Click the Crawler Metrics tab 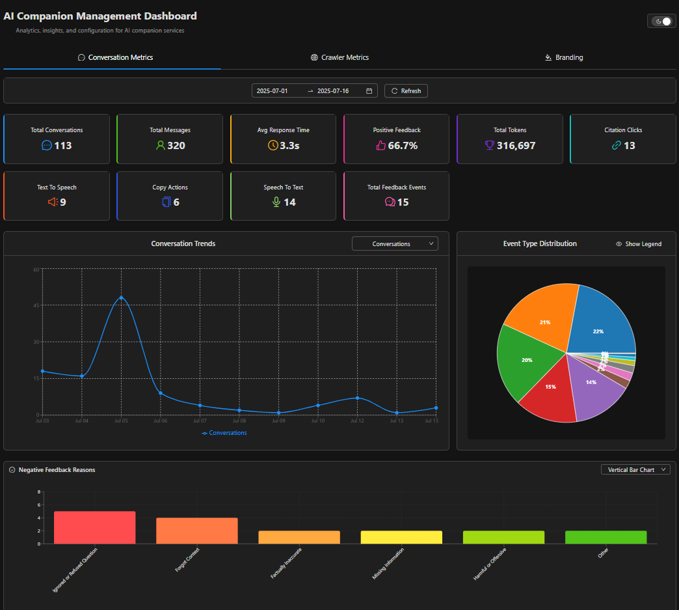[x=339, y=57]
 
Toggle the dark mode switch [x=661, y=21]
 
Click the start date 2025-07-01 [x=272, y=91]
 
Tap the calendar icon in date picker [x=369, y=91]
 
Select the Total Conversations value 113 [x=63, y=146]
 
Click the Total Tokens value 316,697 [x=516, y=146]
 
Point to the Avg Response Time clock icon [x=273, y=145]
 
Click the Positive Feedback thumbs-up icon [x=381, y=145]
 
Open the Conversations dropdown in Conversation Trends [x=395, y=244]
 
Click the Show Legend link [x=639, y=244]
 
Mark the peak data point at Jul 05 [x=121, y=298]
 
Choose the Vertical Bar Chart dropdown [x=635, y=469]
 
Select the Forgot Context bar [x=196, y=531]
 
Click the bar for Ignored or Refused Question [x=94, y=527]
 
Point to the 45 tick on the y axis [x=36, y=305]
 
